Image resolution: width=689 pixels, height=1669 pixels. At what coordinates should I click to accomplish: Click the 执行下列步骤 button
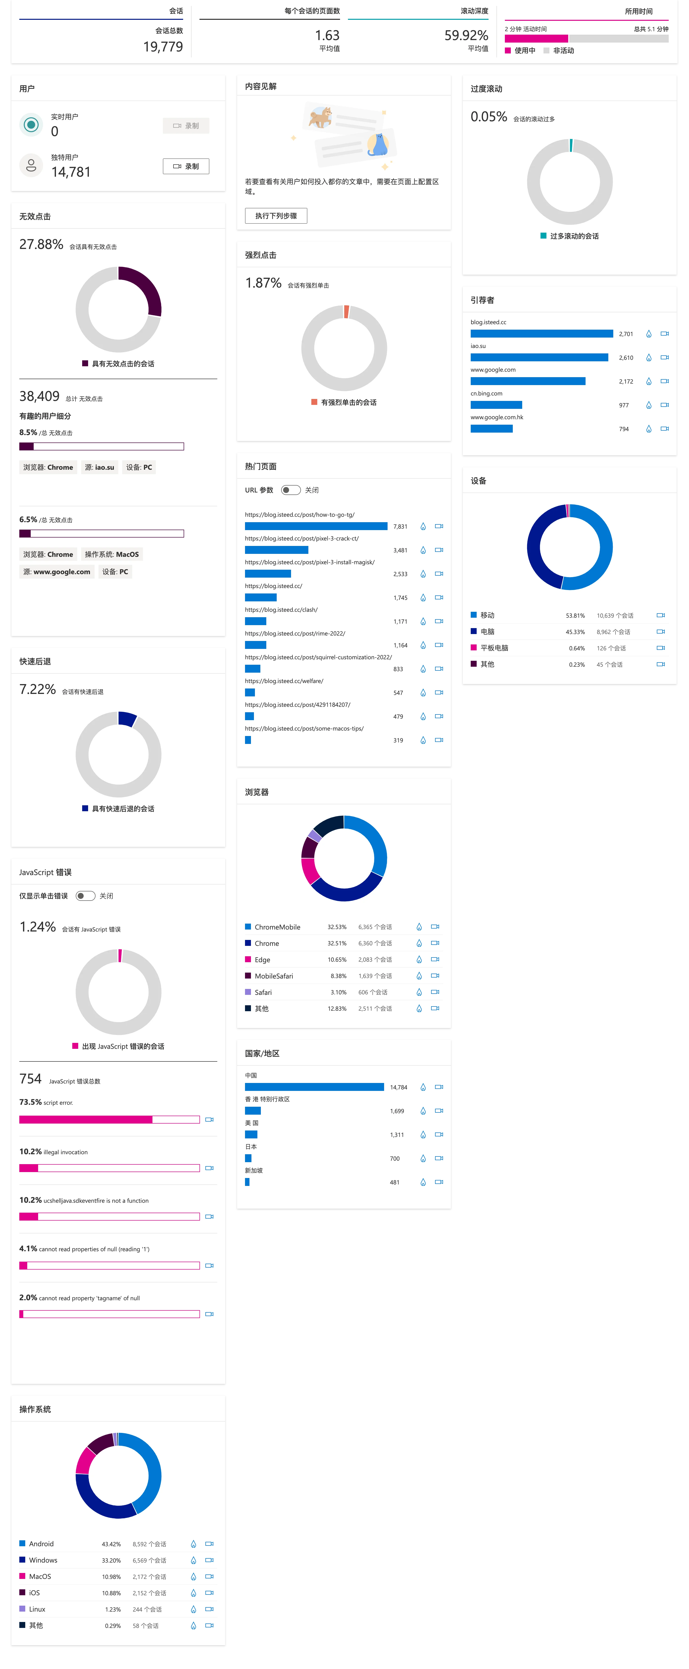[x=275, y=216]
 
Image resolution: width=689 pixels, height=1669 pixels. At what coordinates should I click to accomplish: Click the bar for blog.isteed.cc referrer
[x=541, y=334]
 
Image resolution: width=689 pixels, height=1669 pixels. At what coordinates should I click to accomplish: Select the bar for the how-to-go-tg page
[x=316, y=526]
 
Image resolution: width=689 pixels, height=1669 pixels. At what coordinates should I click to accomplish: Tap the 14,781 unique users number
[x=71, y=172]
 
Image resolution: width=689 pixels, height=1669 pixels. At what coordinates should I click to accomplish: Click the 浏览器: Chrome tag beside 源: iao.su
[x=48, y=467]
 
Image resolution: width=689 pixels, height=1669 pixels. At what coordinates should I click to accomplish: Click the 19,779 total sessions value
[x=163, y=47]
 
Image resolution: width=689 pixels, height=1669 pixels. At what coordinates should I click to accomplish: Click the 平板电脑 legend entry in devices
[x=494, y=648]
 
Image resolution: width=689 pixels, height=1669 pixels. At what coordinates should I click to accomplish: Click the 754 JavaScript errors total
[x=30, y=1079]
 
